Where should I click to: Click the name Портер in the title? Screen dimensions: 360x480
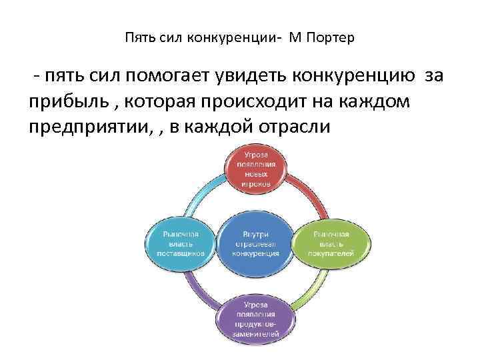(x=331, y=38)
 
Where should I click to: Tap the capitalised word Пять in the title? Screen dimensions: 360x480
(x=138, y=38)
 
